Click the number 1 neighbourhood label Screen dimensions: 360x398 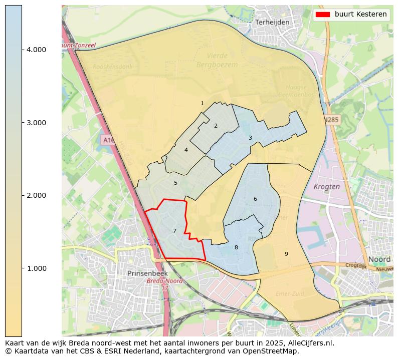click(x=202, y=104)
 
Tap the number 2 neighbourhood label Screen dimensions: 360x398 click(x=216, y=126)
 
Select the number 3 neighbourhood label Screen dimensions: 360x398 click(x=250, y=138)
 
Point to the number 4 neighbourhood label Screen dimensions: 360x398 click(x=186, y=150)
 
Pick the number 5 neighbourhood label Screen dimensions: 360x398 click(x=175, y=183)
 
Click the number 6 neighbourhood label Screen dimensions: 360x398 click(x=255, y=199)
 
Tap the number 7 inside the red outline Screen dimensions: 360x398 click(x=174, y=231)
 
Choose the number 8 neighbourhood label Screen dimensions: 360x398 click(x=236, y=247)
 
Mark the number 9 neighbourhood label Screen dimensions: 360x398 click(x=286, y=254)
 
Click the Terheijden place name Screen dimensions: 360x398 click(x=272, y=23)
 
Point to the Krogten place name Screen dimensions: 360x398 click(x=326, y=186)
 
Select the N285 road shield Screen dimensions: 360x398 click(x=331, y=120)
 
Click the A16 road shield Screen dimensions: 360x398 click(x=107, y=140)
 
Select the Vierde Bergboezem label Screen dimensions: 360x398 click(x=217, y=60)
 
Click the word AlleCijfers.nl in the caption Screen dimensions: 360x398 click(x=307, y=343)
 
